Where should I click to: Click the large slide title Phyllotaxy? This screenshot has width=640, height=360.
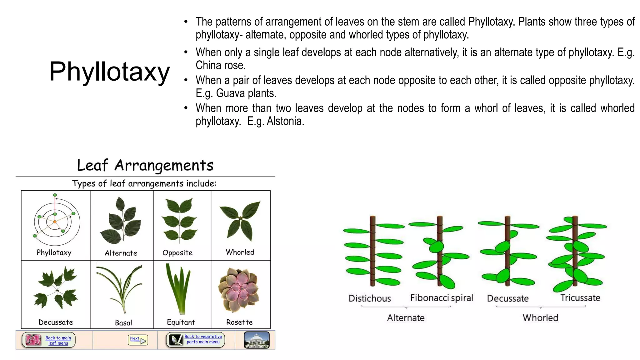click(109, 72)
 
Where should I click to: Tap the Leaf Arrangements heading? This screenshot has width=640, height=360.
click(145, 165)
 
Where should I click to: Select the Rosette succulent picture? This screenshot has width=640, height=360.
click(239, 289)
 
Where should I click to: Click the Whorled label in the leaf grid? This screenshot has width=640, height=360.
click(240, 252)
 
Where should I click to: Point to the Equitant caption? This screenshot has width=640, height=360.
click(181, 322)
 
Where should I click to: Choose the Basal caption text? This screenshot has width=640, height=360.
click(123, 323)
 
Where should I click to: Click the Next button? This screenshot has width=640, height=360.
click(138, 340)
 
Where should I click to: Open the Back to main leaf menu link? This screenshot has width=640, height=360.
click(58, 340)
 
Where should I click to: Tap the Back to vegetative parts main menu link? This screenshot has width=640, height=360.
click(203, 339)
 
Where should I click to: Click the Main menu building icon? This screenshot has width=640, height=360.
click(257, 340)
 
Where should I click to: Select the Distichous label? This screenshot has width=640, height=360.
click(370, 298)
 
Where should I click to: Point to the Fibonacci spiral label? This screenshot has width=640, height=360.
click(442, 298)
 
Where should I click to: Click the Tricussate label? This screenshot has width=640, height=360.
click(580, 298)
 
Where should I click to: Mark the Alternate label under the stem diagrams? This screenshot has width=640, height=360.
click(406, 318)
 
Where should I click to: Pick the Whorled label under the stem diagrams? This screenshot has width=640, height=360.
click(540, 318)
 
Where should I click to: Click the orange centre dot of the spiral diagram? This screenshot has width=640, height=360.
click(55, 222)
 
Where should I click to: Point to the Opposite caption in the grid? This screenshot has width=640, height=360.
click(177, 253)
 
